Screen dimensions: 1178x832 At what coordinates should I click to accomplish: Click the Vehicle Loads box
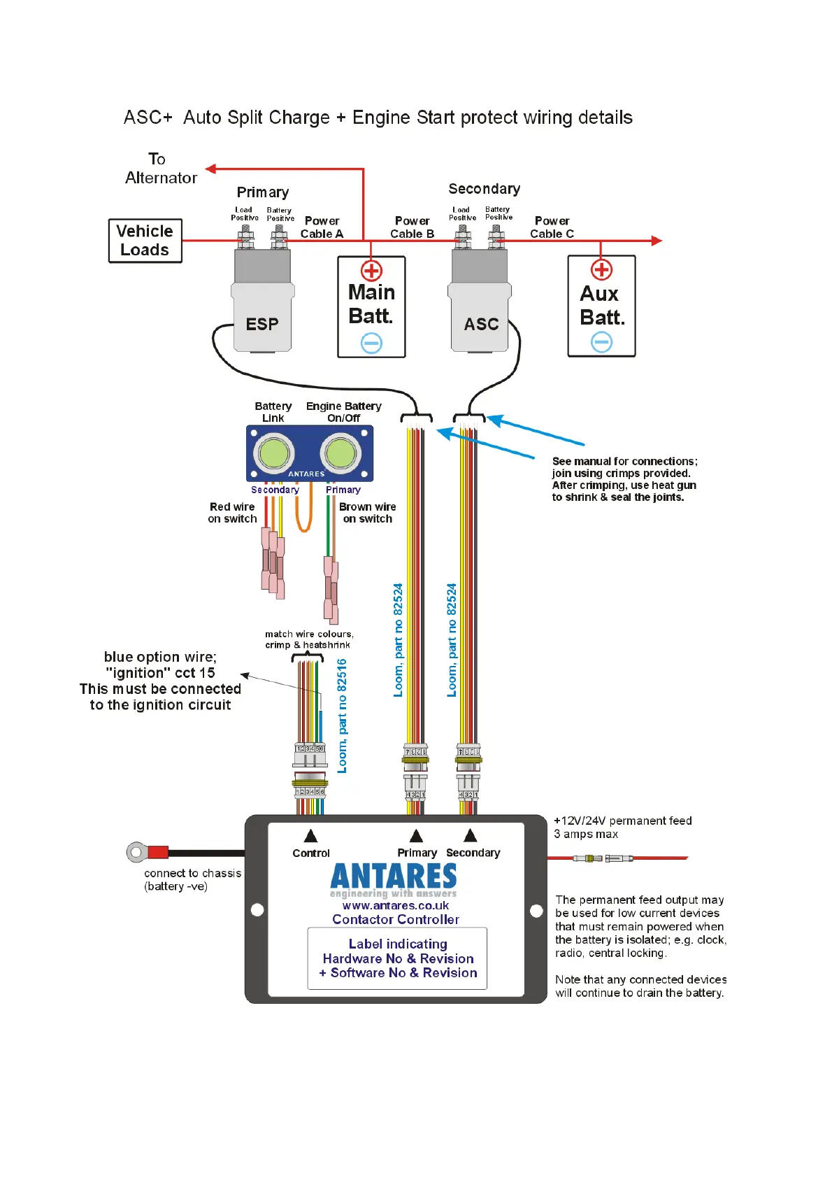click(145, 241)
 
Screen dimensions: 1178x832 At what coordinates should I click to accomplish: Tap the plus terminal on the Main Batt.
click(371, 271)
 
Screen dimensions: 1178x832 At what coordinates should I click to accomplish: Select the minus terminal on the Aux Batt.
click(601, 342)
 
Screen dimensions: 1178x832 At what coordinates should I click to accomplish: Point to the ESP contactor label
click(262, 325)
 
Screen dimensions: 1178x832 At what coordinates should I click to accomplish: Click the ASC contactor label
click(482, 325)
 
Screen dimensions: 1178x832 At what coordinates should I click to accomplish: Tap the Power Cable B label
click(412, 227)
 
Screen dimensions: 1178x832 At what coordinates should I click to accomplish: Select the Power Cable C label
click(552, 227)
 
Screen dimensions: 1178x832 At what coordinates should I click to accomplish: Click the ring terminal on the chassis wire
click(136, 852)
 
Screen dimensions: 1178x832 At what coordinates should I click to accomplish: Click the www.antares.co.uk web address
click(396, 906)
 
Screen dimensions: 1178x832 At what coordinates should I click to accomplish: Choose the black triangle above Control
click(311, 836)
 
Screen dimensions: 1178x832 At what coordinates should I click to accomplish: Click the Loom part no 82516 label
click(342, 716)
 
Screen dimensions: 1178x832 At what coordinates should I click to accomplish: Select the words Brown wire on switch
click(367, 513)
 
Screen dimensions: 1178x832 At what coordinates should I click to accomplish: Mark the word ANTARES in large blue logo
click(394, 877)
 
